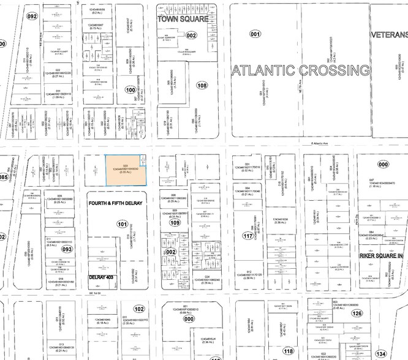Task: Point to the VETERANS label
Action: coord(389,36)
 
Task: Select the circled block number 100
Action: coord(130,89)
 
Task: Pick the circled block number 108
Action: coord(203,86)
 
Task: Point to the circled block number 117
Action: coord(248,236)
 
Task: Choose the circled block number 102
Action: coord(140,309)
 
